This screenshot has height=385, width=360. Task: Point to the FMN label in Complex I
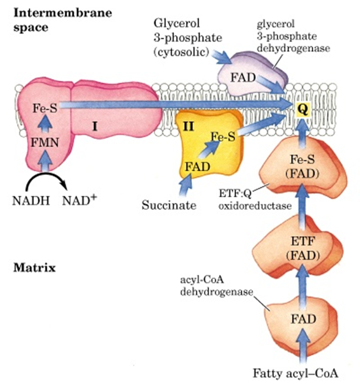[x=44, y=143]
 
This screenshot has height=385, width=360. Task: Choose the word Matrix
[x=35, y=266]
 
